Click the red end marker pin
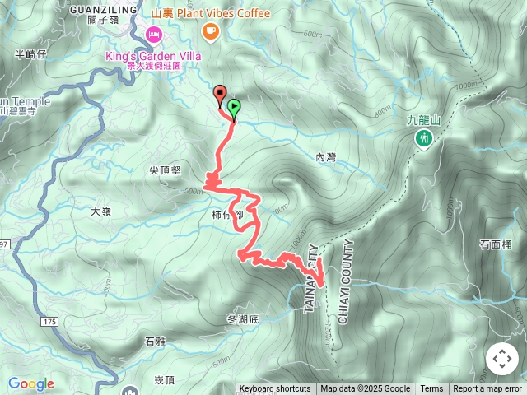pos(220,93)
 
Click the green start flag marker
pos(234,107)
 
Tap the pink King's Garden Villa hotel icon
pos(153,34)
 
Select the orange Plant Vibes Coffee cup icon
pos(210,30)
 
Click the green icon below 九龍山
pos(424,139)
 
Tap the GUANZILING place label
pos(103,8)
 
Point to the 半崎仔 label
pos(32,54)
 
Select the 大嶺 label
pos(100,211)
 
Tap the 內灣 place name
pos(326,156)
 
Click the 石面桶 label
pos(496,244)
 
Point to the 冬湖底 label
pos(242,318)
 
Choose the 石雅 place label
pos(155,341)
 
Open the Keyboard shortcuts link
pos(275,389)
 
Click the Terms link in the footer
pos(431,389)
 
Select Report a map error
pos(487,389)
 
